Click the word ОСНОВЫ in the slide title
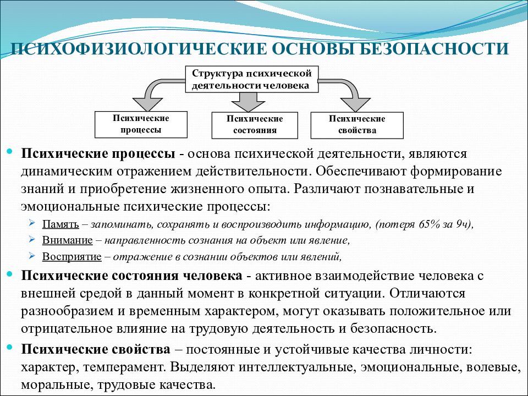(308, 49)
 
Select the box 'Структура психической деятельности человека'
(251, 79)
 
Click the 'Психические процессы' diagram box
(141, 124)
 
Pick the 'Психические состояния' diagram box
(255, 125)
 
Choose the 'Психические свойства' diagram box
(357, 125)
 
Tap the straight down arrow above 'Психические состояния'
(249, 102)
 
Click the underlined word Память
(61, 224)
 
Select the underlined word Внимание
(67, 240)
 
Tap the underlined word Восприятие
(71, 257)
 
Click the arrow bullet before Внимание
(32, 239)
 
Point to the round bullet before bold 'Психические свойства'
(9, 347)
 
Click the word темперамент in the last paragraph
(123, 367)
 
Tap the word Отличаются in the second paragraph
(427, 293)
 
